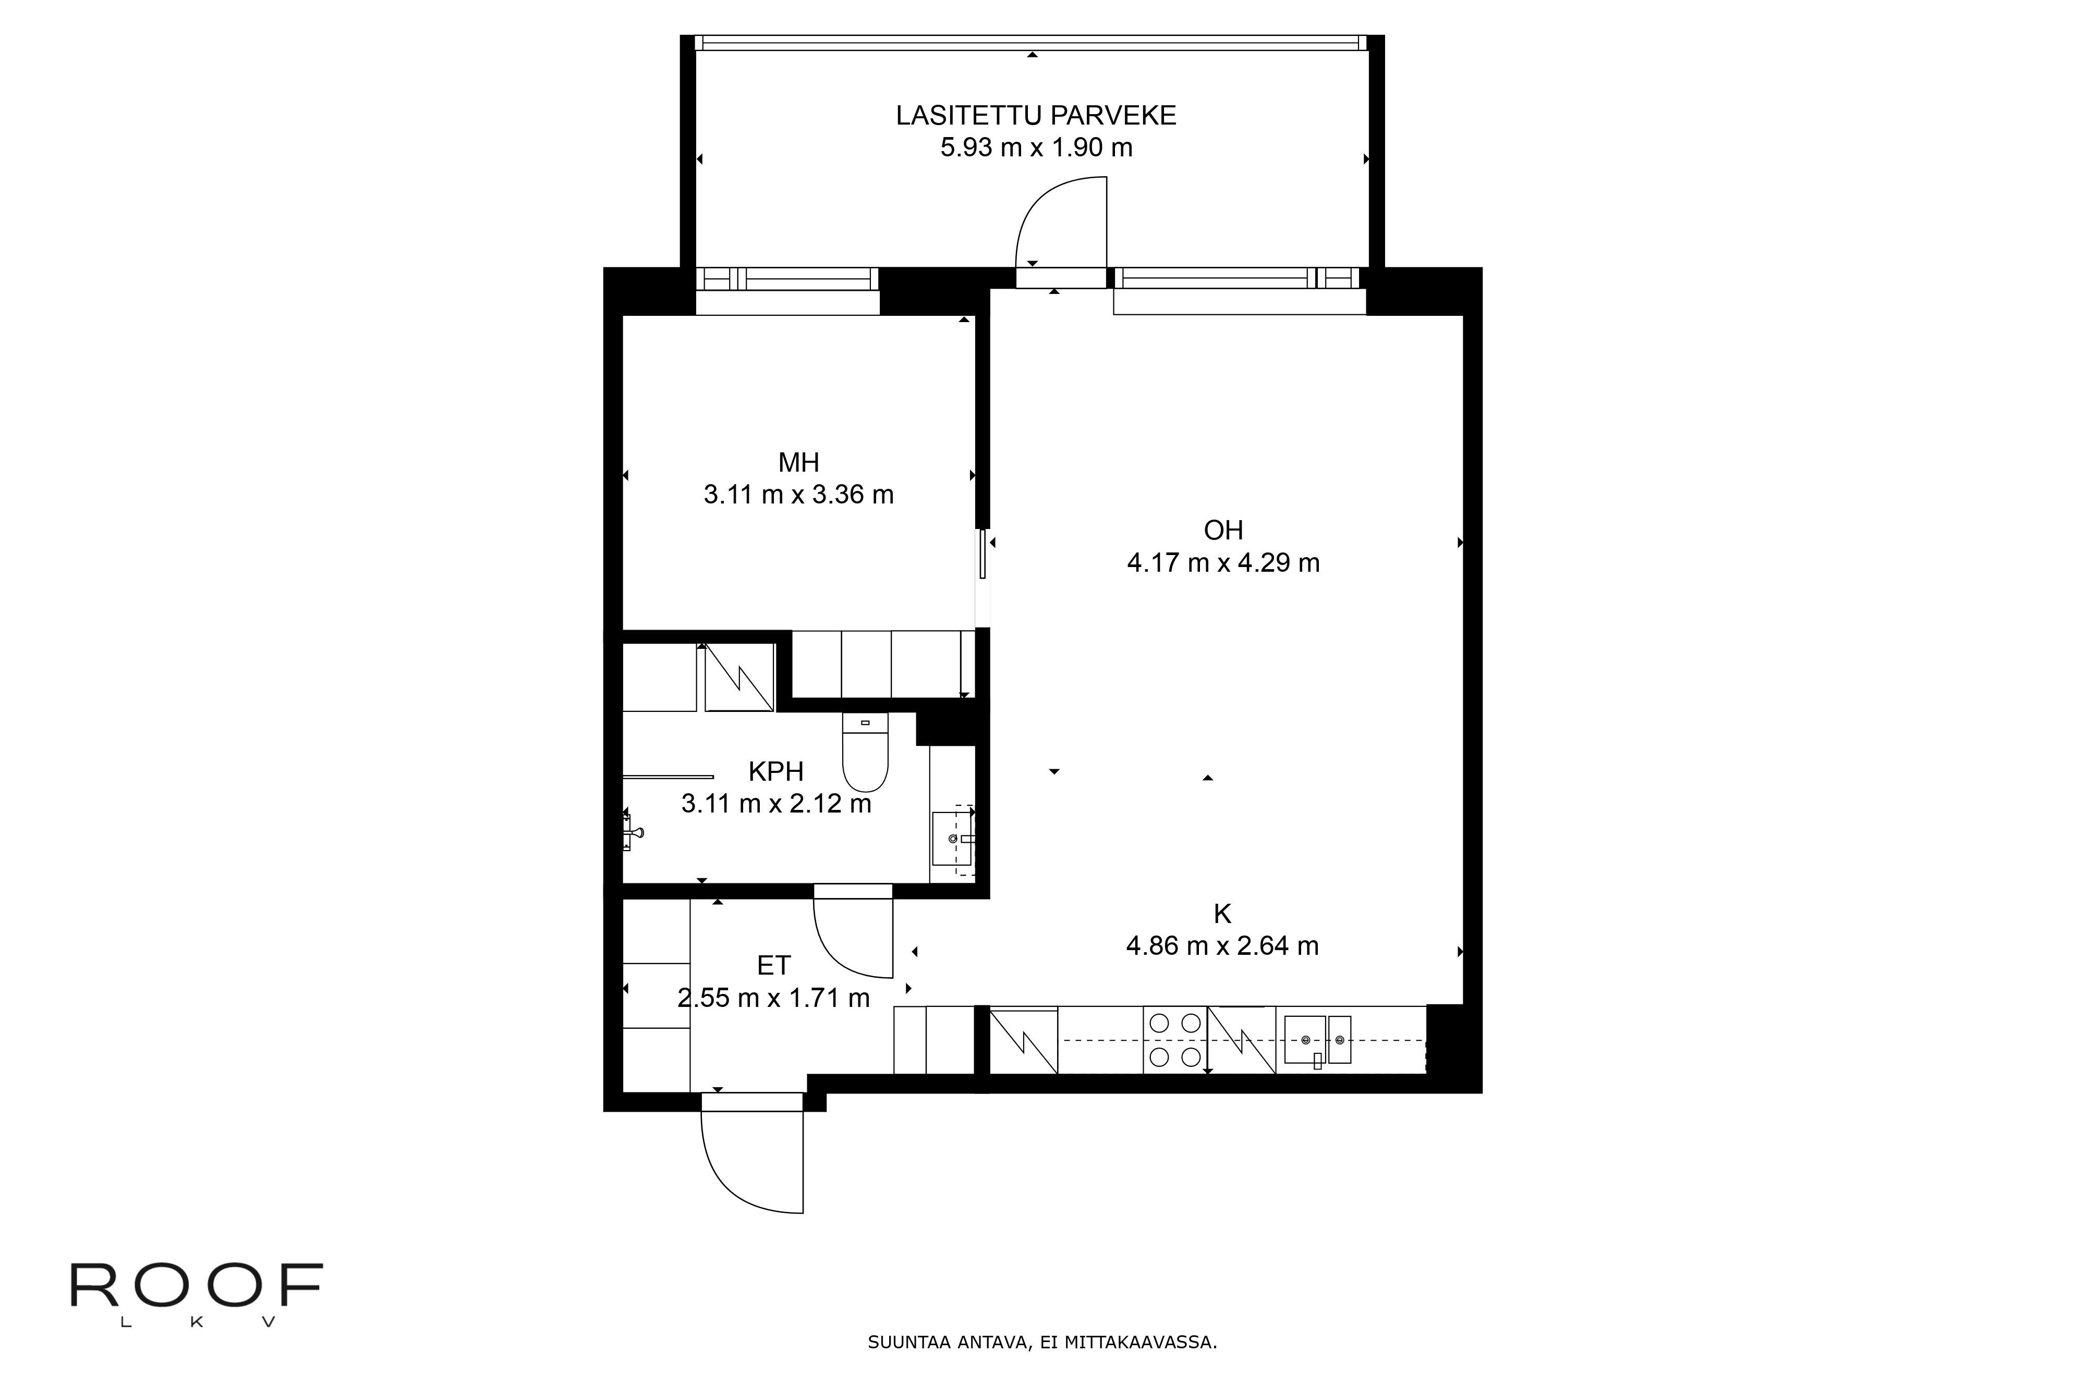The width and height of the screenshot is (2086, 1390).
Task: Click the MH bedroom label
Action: (798, 462)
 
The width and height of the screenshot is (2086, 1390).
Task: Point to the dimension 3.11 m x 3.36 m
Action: (798, 495)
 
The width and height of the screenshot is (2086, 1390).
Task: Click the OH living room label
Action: (1223, 530)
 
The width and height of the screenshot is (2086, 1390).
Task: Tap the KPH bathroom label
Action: (776, 771)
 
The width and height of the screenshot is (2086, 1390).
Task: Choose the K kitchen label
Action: (1222, 914)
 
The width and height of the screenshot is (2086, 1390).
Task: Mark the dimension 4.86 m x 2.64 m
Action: (1222, 946)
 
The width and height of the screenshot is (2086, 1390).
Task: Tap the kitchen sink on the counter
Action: (1317, 1040)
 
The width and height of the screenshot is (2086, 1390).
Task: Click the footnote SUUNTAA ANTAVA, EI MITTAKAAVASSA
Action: (1042, 1342)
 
